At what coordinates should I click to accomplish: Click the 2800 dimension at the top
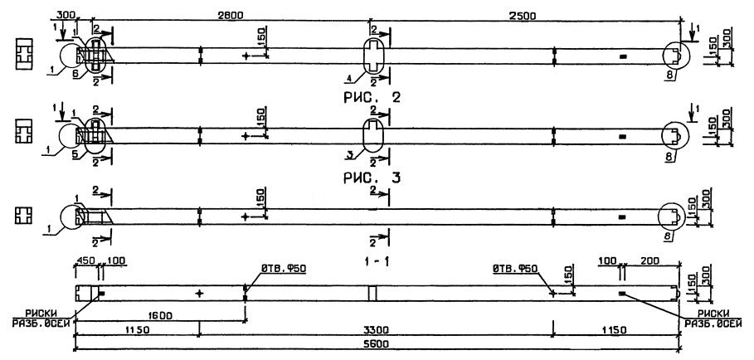[230, 15]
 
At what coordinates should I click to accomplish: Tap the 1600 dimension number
[160, 316]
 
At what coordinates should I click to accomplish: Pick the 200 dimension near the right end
[649, 260]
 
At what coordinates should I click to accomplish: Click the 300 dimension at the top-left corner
[67, 15]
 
